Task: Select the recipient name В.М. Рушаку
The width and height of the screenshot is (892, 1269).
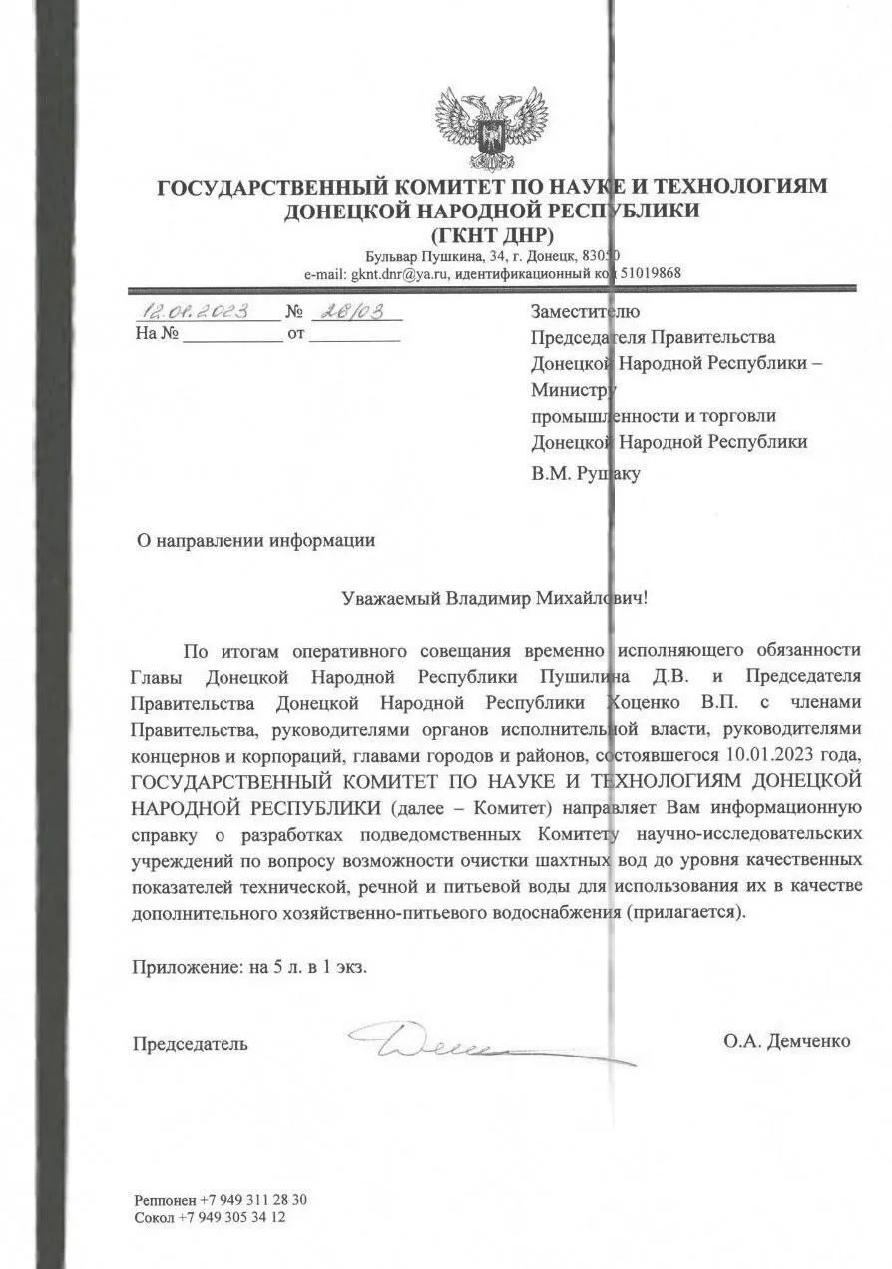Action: (x=586, y=474)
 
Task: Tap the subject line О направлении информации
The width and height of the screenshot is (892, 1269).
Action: (x=255, y=541)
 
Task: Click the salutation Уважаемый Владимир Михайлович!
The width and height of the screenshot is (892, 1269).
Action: (x=494, y=598)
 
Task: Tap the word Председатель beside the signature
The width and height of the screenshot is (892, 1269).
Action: (x=191, y=1044)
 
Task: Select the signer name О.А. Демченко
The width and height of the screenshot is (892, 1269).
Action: (x=787, y=1041)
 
